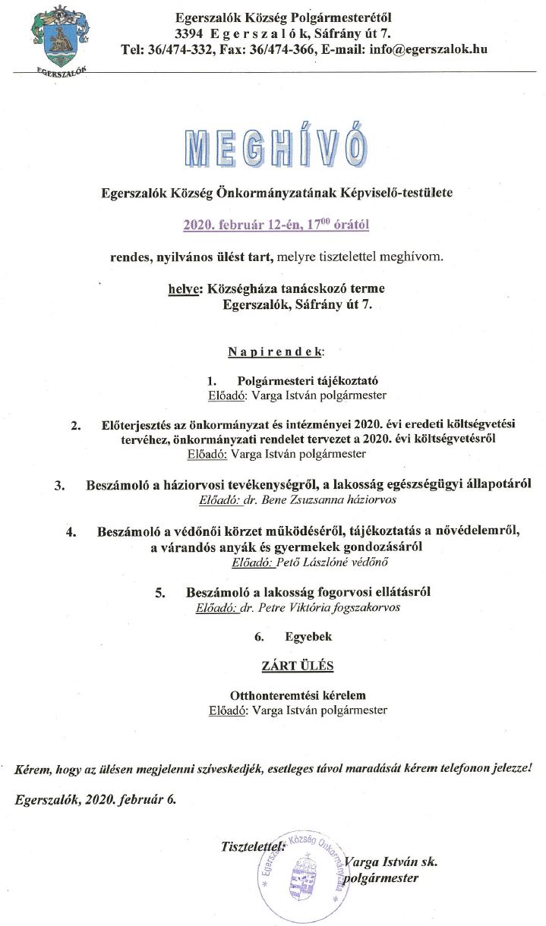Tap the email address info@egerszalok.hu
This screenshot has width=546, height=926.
click(x=426, y=49)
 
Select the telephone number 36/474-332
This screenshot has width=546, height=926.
click(x=178, y=49)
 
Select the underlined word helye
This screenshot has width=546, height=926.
click(x=180, y=289)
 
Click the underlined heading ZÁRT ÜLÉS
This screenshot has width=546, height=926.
click(x=298, y=666)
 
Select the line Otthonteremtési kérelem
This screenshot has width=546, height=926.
click(x=298, y=695)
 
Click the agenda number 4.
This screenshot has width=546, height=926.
click(x=71, y=532)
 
